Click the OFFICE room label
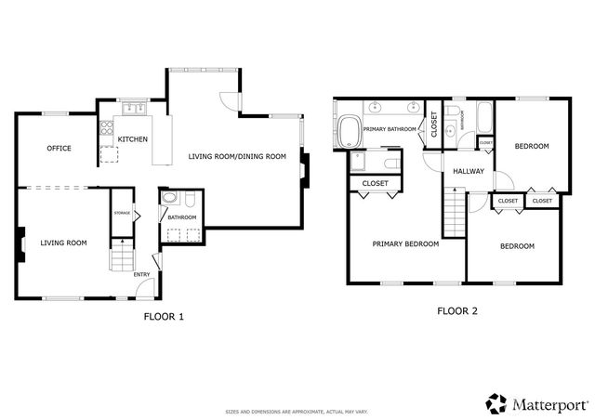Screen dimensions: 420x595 pyautogui.click(x=59, y=148)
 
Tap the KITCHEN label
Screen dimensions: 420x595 pyautogui.click(x=132, y=139)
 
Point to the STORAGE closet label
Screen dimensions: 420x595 pyautogui.click(x=123, y=213)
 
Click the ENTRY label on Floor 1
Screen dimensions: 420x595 pyautogui.click(x=142, y=274)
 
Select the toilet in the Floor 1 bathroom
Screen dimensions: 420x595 pyautogui.click(x=169, y=198)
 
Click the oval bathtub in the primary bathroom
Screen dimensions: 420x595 pyautogui.click(x=351, y=131)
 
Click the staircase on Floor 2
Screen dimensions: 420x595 pyautogui.click(x=453, y=212)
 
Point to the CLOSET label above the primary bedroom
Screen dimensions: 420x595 pyautogui.click(x=376, y=183)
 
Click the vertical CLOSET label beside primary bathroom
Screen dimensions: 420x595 pyautogui.click(x=433, y=125)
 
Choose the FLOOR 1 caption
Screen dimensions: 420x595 pyautogui.click(x=164, y=316)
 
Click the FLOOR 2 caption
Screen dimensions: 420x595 pyautogui.click(x=457, y=311)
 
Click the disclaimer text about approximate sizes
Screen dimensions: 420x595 pyautogui.click(x=297, y=411)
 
